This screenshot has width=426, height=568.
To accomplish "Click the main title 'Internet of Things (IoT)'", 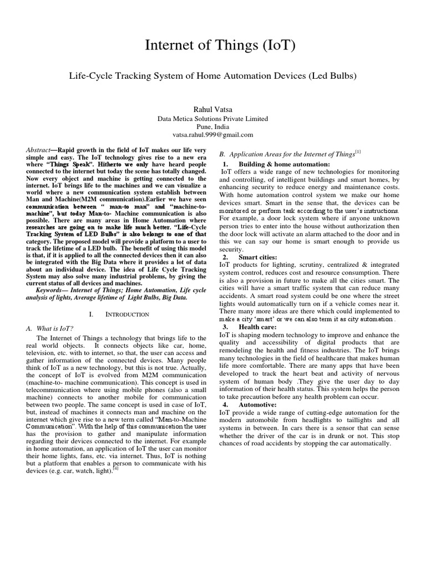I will coord(213,47).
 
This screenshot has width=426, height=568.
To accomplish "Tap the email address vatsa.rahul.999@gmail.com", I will coord(213,134).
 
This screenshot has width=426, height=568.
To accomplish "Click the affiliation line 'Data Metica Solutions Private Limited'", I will coord(213,118).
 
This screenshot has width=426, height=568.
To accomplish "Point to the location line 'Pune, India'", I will coord(213,126).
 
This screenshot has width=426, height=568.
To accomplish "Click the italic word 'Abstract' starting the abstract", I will coord(39,151).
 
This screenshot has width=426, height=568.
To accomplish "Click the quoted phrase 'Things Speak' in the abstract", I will coord(69,165).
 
